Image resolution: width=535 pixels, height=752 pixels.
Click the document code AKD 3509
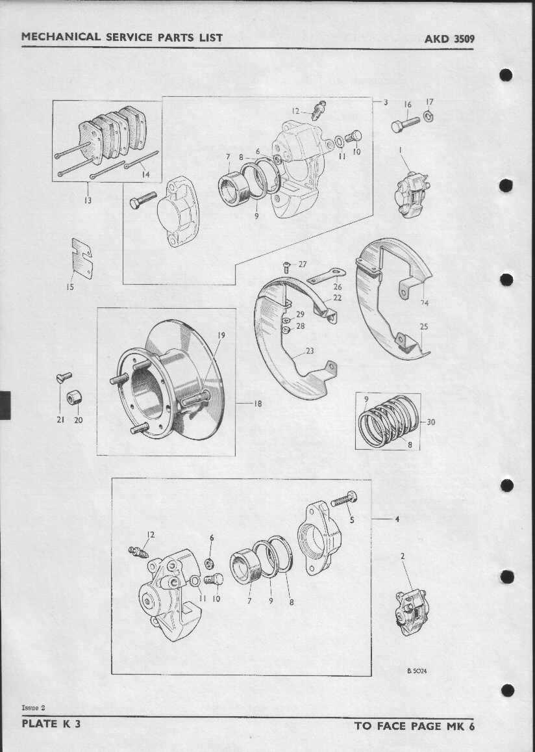pyautogui.click(x=449, y=39)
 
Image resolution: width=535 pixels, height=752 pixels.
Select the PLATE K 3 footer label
pyautogui.click(x=51, y=723)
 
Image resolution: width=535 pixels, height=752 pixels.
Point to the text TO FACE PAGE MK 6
pyautogui.click(x=414, y=726)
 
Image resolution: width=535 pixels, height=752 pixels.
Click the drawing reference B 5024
pyautogui.click(x=417, y=671)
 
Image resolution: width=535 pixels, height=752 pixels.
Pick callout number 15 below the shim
pyautogui.click(x=70, y=287)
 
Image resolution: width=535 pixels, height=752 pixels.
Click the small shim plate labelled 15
pyautogui.click(x=82, y=258)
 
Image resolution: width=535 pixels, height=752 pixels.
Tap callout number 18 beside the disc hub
pyautogui.click(x=258, y=404)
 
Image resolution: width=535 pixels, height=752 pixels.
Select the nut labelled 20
pyautogui.click(x=74, y=397)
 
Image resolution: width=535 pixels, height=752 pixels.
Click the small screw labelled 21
pyautogui.click(x=64, y=378)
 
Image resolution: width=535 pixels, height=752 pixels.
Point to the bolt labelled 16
pyautogui.click(x=405, y=125)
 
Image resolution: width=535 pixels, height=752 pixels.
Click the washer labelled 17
pyautogui.click(x=429, y=116)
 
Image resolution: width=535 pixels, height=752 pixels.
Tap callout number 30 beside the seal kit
pyautogui.click(x=430, y=422)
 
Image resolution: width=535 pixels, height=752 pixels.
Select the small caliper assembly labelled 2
pyautogui.click(x=412, y=612)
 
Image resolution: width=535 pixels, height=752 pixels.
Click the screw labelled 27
pyautogui.click(x=286, y=267)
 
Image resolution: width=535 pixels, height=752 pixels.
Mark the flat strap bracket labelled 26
pyautogui.click(x=326, y=276)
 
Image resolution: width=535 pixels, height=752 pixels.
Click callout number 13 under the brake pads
pyautogui.click(x=88, y=200)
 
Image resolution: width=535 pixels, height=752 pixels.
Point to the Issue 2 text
pyautogui.click(x=33, y=708)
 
